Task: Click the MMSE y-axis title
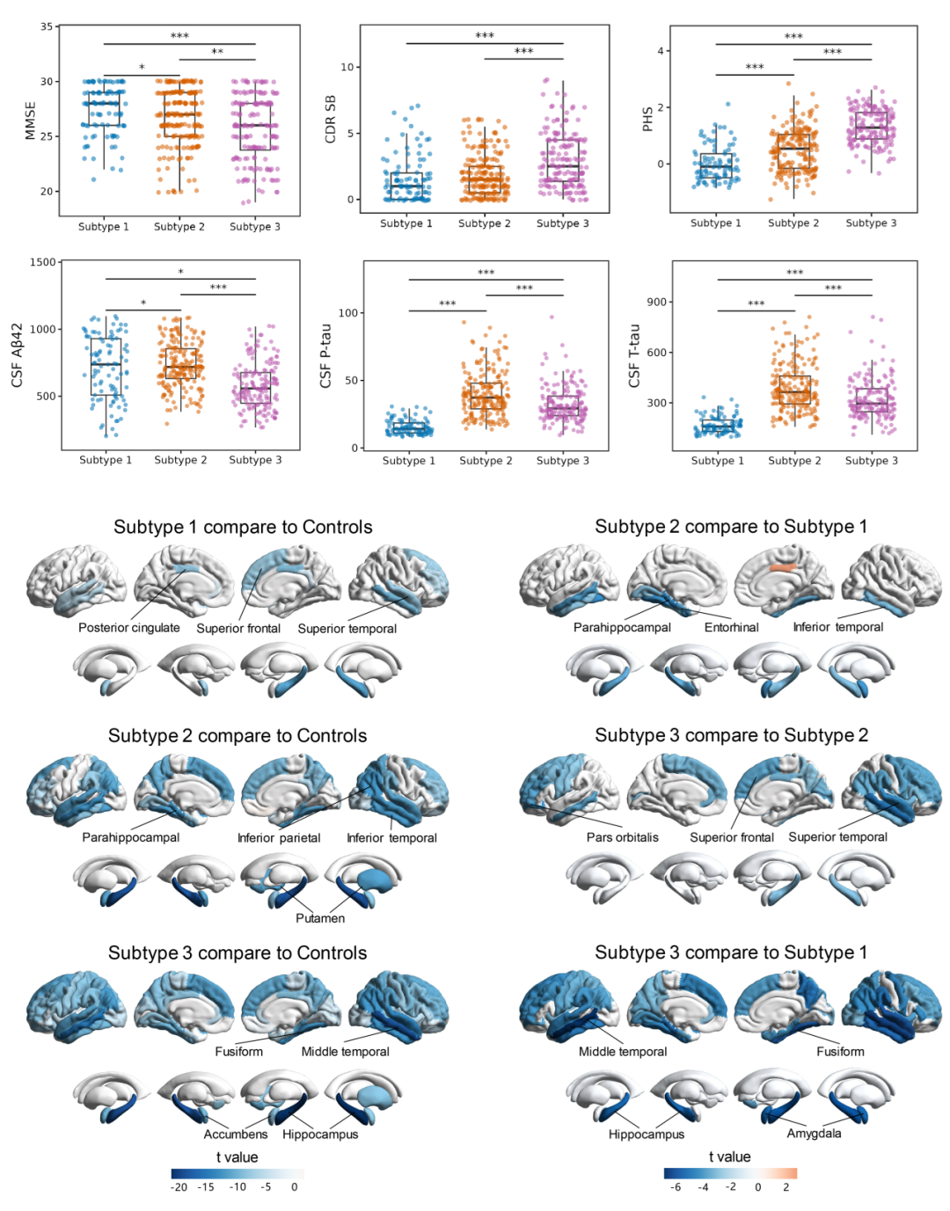coord(31,120)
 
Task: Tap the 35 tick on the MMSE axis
coord(46,26)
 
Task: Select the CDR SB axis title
coord(331,120)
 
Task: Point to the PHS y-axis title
coord(647,120)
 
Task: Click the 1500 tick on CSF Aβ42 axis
coord(43,262)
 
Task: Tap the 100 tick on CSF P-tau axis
coord(348,313)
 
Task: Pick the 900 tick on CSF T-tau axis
coord(657,302)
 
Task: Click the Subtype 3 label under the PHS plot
coord(871,223)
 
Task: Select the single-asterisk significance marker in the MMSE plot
coord(142,69)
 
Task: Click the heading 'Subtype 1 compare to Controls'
coord(243,527)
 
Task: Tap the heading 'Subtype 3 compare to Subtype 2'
coord(731,735)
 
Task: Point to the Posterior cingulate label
coord(128,628)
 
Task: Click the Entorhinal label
coord(731,628)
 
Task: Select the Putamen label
coord(320,918)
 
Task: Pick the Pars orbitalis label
coord(622,837)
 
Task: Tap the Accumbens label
coord(235,1134)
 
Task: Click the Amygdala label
coord(814,1134)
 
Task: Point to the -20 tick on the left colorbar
coord(179,1187)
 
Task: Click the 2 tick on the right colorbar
coord(786,1187)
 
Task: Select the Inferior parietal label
coord(279,838)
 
